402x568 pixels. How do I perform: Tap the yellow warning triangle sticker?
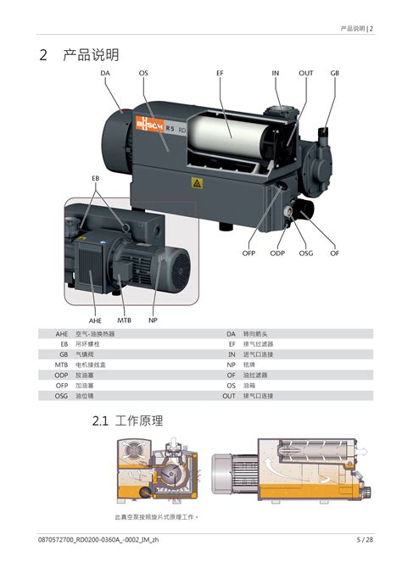coord(197,183)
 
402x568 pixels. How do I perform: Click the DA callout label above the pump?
coord(105,73)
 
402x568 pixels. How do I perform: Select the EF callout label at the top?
coord(220,73)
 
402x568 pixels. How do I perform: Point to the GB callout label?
coord(335,73)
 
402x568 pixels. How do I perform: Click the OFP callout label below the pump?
coord(248,253)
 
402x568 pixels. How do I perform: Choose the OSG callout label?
coord(306,253)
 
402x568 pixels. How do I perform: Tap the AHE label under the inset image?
coord(95,320)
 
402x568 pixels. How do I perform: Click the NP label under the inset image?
coord(153,320)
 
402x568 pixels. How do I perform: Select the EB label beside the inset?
coord(95,179)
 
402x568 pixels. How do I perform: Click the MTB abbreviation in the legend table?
coord(61,365)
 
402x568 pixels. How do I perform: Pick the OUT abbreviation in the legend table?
coord(229,396)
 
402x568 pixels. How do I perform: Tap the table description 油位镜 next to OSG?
coord(85,396)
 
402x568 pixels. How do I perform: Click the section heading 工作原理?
coord(139,421)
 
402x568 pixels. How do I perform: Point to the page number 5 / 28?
coord(365,540)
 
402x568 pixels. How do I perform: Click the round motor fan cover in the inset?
coord(179,267)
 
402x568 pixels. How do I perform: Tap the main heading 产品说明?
coord(91,55)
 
